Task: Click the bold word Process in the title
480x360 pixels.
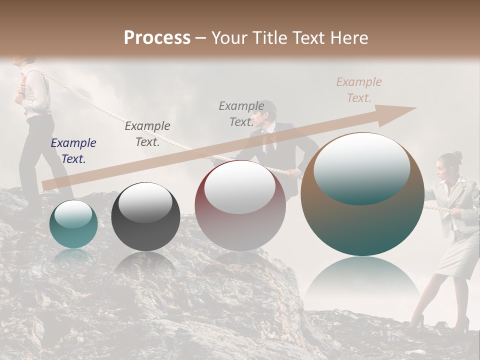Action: (x=157, y=38)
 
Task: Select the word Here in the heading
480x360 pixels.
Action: (x=348, y=38)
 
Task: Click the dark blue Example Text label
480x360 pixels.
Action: (x=73, y=151)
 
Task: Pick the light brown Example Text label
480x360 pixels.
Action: (x=358, y=90)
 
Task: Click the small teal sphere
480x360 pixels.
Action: (x=73, y=224)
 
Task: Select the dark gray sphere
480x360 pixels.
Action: (x=145, y=216)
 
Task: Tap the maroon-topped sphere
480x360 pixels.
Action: (x=240, y=205)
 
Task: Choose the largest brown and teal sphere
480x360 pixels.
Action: (x=362, y=194)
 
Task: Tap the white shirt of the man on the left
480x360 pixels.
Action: (x=36, y=92)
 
